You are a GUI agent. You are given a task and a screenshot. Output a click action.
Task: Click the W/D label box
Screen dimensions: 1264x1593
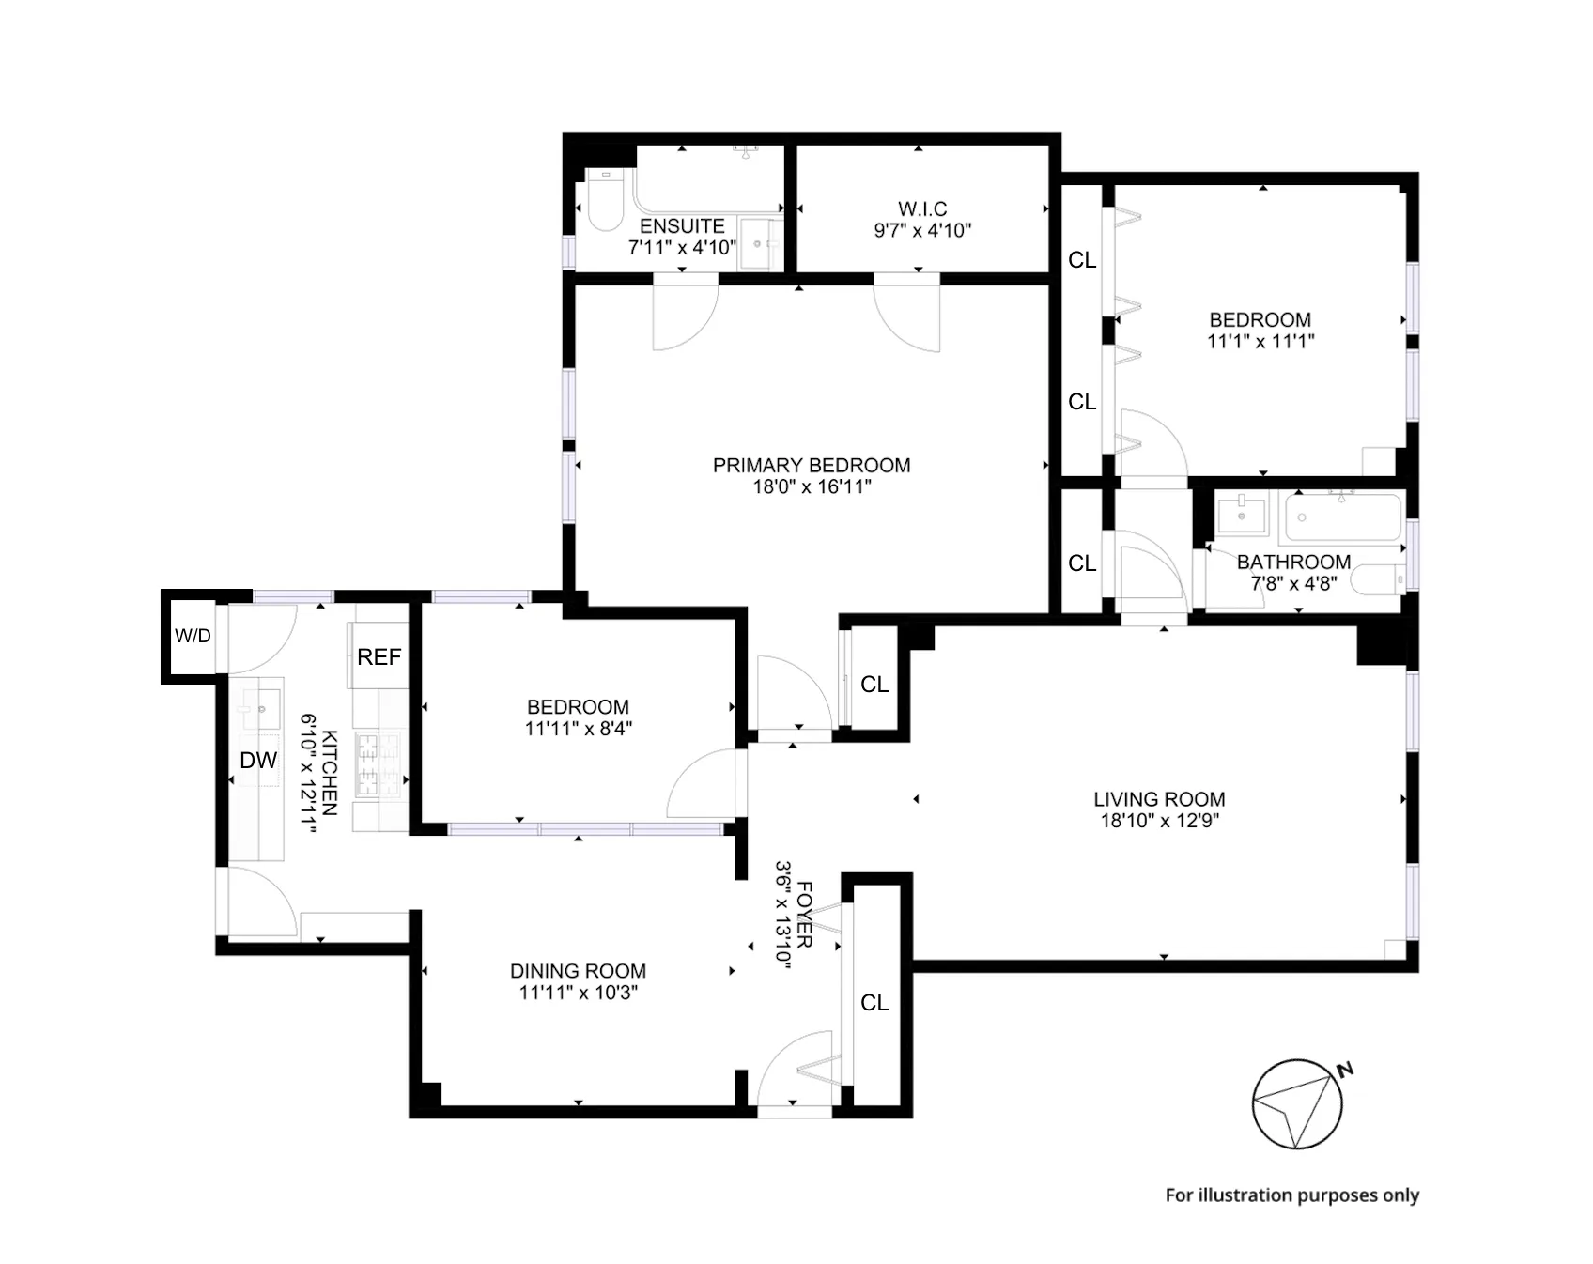pyautogui.click(x=193, y=636)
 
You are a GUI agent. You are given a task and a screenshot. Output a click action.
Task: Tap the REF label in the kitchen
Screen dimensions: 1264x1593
pyautogui.click(x=379, y=657)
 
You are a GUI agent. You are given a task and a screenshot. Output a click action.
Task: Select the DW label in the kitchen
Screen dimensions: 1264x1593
pyautogui.click(x=258, y=761)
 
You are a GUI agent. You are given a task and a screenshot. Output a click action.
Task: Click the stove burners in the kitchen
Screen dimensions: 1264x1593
pyautogui.click(x=378, y=765)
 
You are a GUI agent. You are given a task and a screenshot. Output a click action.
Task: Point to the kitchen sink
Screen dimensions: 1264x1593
pyautogui.click(x=260, y=707)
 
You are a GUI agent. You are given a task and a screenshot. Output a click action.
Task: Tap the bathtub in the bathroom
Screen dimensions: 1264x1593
pyautogui.click(x=1343, y=516)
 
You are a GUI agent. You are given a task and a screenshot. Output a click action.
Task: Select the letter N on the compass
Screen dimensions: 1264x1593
pyautogui.click(x=1345, y=1070)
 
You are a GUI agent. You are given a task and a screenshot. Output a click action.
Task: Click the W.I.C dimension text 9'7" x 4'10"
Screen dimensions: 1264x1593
pyautogui.click(x=922, y=231)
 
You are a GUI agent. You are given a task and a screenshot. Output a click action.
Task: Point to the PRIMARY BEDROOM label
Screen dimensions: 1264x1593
pyautogui.click(x=812, y=465)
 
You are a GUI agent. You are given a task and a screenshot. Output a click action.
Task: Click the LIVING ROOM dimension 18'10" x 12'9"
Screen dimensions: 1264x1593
pyautogui.click(x=1159, y=821)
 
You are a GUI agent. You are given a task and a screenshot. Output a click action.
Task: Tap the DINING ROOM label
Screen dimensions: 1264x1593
pyautogui.click(x=578, y=971)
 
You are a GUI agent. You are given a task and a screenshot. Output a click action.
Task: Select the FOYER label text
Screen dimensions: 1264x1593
pyautogui.click(x=805, y=914)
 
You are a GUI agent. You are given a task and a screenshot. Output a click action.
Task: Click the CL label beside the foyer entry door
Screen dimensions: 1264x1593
pyautogui.click(x=874, y=1003)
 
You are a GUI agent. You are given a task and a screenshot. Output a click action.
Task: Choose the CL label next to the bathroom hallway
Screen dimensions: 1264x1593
pyautogui.click(x=1082, y=563)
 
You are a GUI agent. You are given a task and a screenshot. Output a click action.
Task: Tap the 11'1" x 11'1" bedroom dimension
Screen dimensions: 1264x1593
pyautogui.click(x=1260, y=342)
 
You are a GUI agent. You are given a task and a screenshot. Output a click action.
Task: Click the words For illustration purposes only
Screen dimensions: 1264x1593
pyautogui.click(x=1291, y=1195)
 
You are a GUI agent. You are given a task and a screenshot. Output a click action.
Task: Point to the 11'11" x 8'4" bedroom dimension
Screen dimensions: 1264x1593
pyautogui.click(x=578, y=729)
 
